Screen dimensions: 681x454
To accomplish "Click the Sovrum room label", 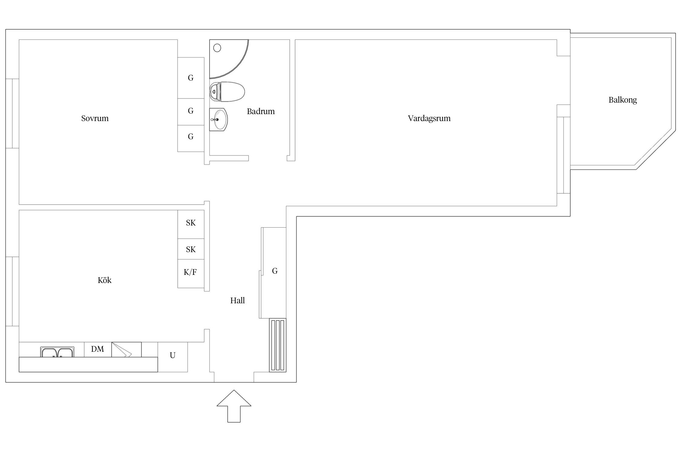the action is [x=95, y=118].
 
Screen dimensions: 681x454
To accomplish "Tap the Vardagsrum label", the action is [x=429, y=118].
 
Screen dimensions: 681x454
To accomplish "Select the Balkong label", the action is [x=623, y=100].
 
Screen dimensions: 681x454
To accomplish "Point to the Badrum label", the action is [x=261, y=111].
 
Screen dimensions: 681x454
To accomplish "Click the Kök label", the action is [x=104, y=280].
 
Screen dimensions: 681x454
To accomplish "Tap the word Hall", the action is [x=237, y=300].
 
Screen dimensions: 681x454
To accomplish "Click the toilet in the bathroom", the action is [x=227, y=91].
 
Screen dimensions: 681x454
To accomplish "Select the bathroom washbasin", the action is [x=219, y=120].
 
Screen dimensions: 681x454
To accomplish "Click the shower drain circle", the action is [x=217, y=48].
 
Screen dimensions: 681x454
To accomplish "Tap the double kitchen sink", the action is [x=57, y=352].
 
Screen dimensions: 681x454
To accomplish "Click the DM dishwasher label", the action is [x=97, y=349].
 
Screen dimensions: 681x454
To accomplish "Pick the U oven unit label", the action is [x=173, y=355].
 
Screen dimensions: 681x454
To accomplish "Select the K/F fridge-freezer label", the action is [x=190, y=272].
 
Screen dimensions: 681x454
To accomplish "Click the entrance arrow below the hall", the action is [x=234, y=406].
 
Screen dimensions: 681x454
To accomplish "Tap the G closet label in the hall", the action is [x=275, y=271].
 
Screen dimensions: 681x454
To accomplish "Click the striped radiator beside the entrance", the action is [x=278, y=345].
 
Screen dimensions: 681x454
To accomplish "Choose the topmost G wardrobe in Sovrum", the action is [x=191, y=78].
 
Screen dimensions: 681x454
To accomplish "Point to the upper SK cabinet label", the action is [x=191, y=223].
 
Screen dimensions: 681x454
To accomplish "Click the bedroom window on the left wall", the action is [x=12, y=113].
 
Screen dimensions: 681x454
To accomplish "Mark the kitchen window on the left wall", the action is [x=12, y=291].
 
